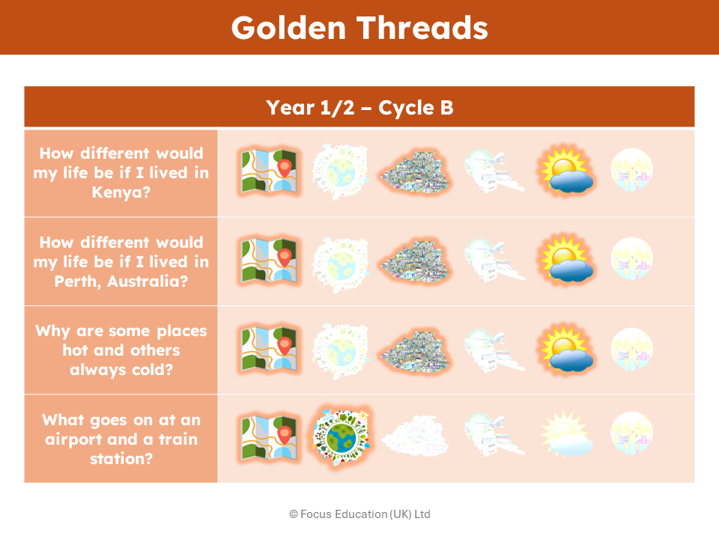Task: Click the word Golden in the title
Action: point(288,28)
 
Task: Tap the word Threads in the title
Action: point(422,28)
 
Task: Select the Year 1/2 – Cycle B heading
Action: point(359,108)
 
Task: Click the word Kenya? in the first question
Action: point(121,192)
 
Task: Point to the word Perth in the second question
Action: point(77,281)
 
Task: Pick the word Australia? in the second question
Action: point(148,281)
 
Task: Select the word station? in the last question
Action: point(121,458)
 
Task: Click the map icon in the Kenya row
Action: point(269,171)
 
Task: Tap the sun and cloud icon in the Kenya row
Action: point(567,171)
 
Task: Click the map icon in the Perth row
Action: point(269,260)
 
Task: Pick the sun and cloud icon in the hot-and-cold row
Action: point(567,350)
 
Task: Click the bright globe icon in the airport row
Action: point(341,436)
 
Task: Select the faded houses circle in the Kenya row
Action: point(632,169)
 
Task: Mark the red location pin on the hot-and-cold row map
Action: point(285,345)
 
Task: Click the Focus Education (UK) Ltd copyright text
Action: point(359,514)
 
